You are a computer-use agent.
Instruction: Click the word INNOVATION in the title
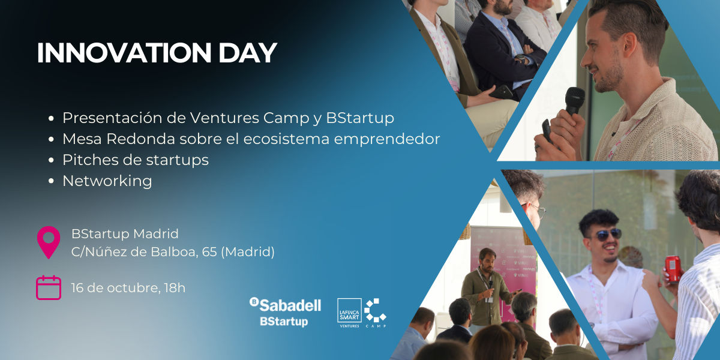[x=124, y=53]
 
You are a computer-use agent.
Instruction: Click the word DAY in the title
[x=248, y=53]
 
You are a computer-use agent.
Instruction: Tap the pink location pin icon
[x=49, y=242]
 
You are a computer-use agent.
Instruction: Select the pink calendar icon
[x=49, y=287]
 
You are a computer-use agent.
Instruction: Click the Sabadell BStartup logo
[x=285, y=312]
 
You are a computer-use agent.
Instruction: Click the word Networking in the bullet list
[x=107, y=181]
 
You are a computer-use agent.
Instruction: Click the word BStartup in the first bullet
[x=360, y=118]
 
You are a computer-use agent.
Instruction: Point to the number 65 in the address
[x=209, y=251]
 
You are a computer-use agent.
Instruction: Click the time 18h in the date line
[x=175, y=287]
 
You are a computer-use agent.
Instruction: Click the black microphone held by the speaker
[x=574, y=101]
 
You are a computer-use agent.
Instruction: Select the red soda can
[x=673, y=269]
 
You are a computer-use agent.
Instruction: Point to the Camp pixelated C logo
[x=376, y=311]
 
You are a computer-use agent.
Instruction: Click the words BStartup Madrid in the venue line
[x=125, y=233]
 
